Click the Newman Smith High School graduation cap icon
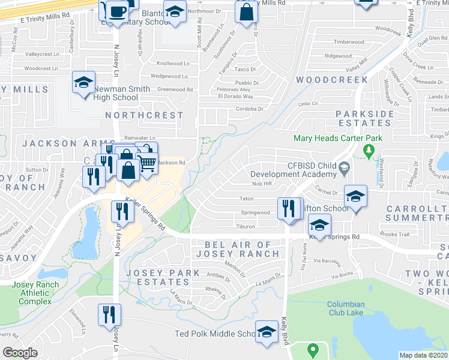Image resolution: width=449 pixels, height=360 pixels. point(83,83)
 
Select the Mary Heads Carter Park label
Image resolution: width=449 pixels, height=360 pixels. point(337,138)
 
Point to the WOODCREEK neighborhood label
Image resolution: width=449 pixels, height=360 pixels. point(332,80)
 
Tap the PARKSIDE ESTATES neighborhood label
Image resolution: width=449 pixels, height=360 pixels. point(364,118)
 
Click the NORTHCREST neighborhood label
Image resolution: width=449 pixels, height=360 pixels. point(144,115)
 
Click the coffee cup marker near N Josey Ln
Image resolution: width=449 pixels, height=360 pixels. point(117,11)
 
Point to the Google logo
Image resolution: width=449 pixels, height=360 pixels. point(20,353)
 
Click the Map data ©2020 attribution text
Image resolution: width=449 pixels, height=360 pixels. point(423,355)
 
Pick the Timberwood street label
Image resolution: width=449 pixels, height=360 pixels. point(349,42)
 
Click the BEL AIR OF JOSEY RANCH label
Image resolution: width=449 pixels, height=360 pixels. point(242,249)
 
